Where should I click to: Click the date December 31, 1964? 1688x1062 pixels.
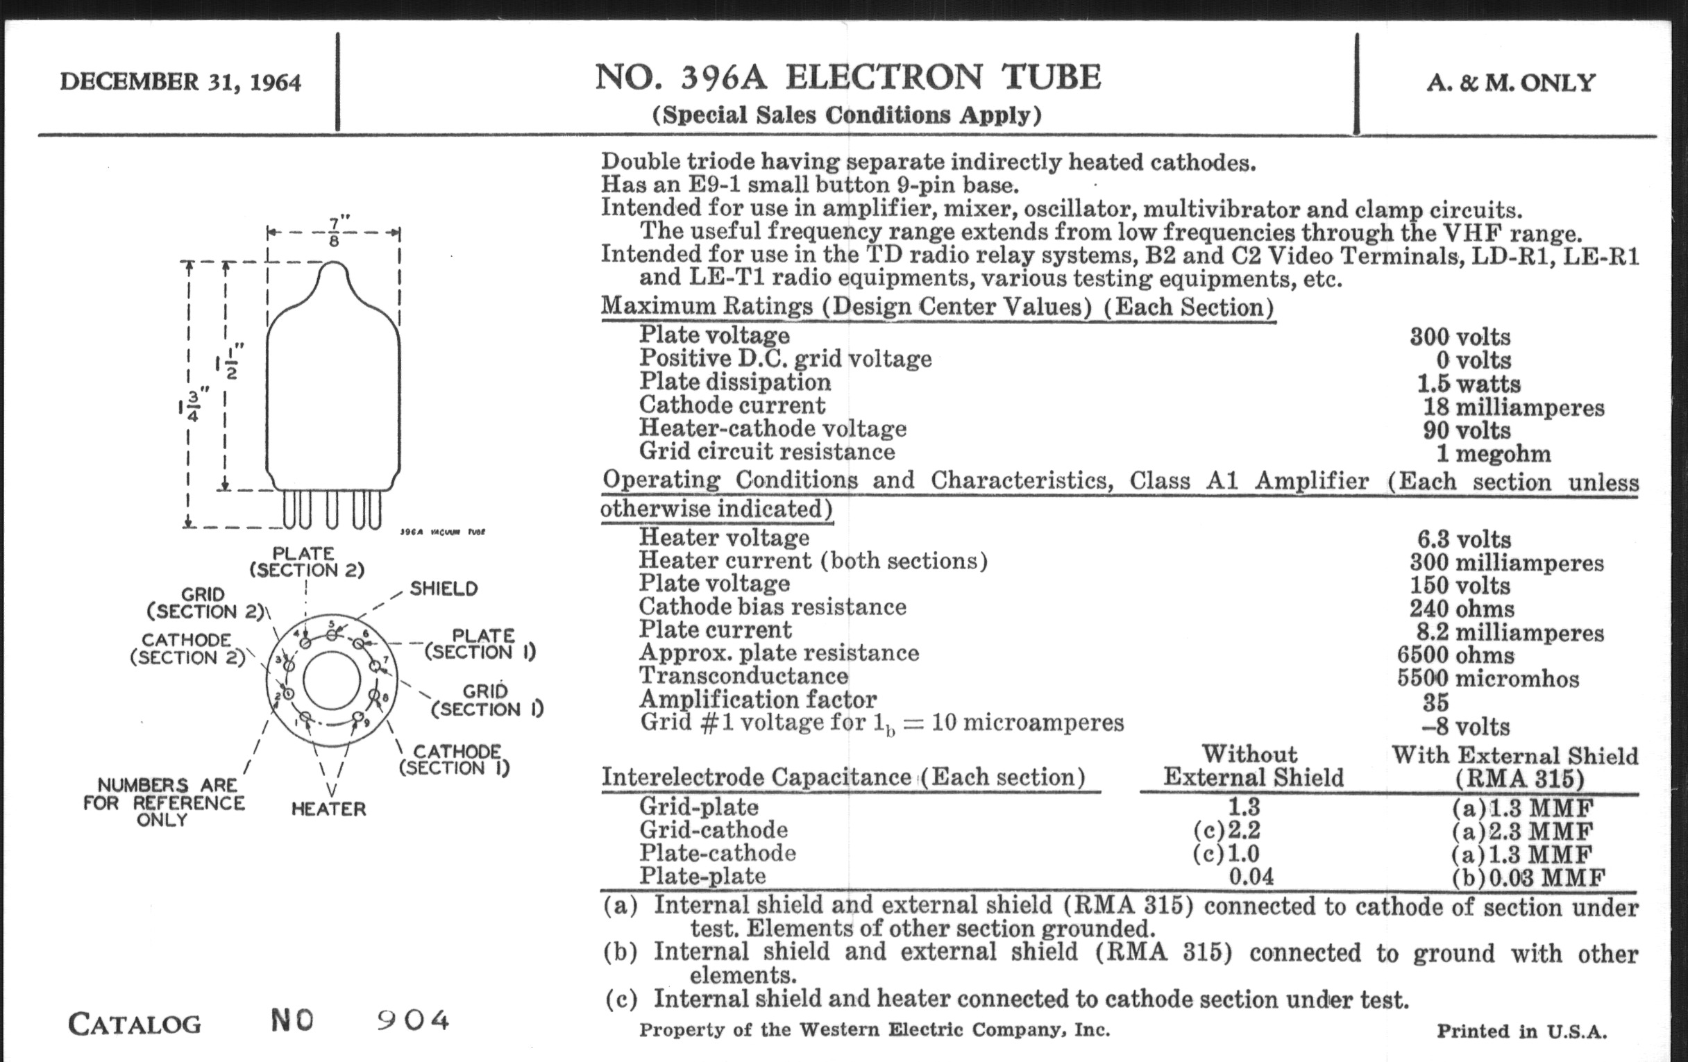tap(180, 82)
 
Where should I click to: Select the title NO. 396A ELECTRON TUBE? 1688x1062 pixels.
tap(847, 77)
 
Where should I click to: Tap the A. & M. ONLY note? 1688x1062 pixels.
tap(1510, 83)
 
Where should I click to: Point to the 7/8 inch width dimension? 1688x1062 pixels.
tap(335, 232)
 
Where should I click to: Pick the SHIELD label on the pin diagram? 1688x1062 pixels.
tap(443, 588)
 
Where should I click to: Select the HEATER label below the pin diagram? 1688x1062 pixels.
tap(328, 809)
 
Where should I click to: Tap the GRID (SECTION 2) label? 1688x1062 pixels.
tap(204, 603)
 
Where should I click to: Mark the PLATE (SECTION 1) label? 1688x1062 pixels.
tap(482, 643)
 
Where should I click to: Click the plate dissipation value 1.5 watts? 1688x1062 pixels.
tap(1469, 383)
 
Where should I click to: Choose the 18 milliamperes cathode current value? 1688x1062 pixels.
tap(1513, 407)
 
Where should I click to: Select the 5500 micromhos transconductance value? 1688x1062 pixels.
tap(1487, 679)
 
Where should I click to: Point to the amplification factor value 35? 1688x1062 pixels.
tap(1435, 702)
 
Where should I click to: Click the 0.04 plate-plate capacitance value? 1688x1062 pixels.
tap(1251, 876)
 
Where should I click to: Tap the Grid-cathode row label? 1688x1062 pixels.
tap(713, 830)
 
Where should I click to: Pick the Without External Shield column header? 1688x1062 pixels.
tap(1253, 766)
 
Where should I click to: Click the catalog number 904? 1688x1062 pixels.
tap(413, 1020)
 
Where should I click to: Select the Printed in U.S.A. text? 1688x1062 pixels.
tap(1521, 1031)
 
